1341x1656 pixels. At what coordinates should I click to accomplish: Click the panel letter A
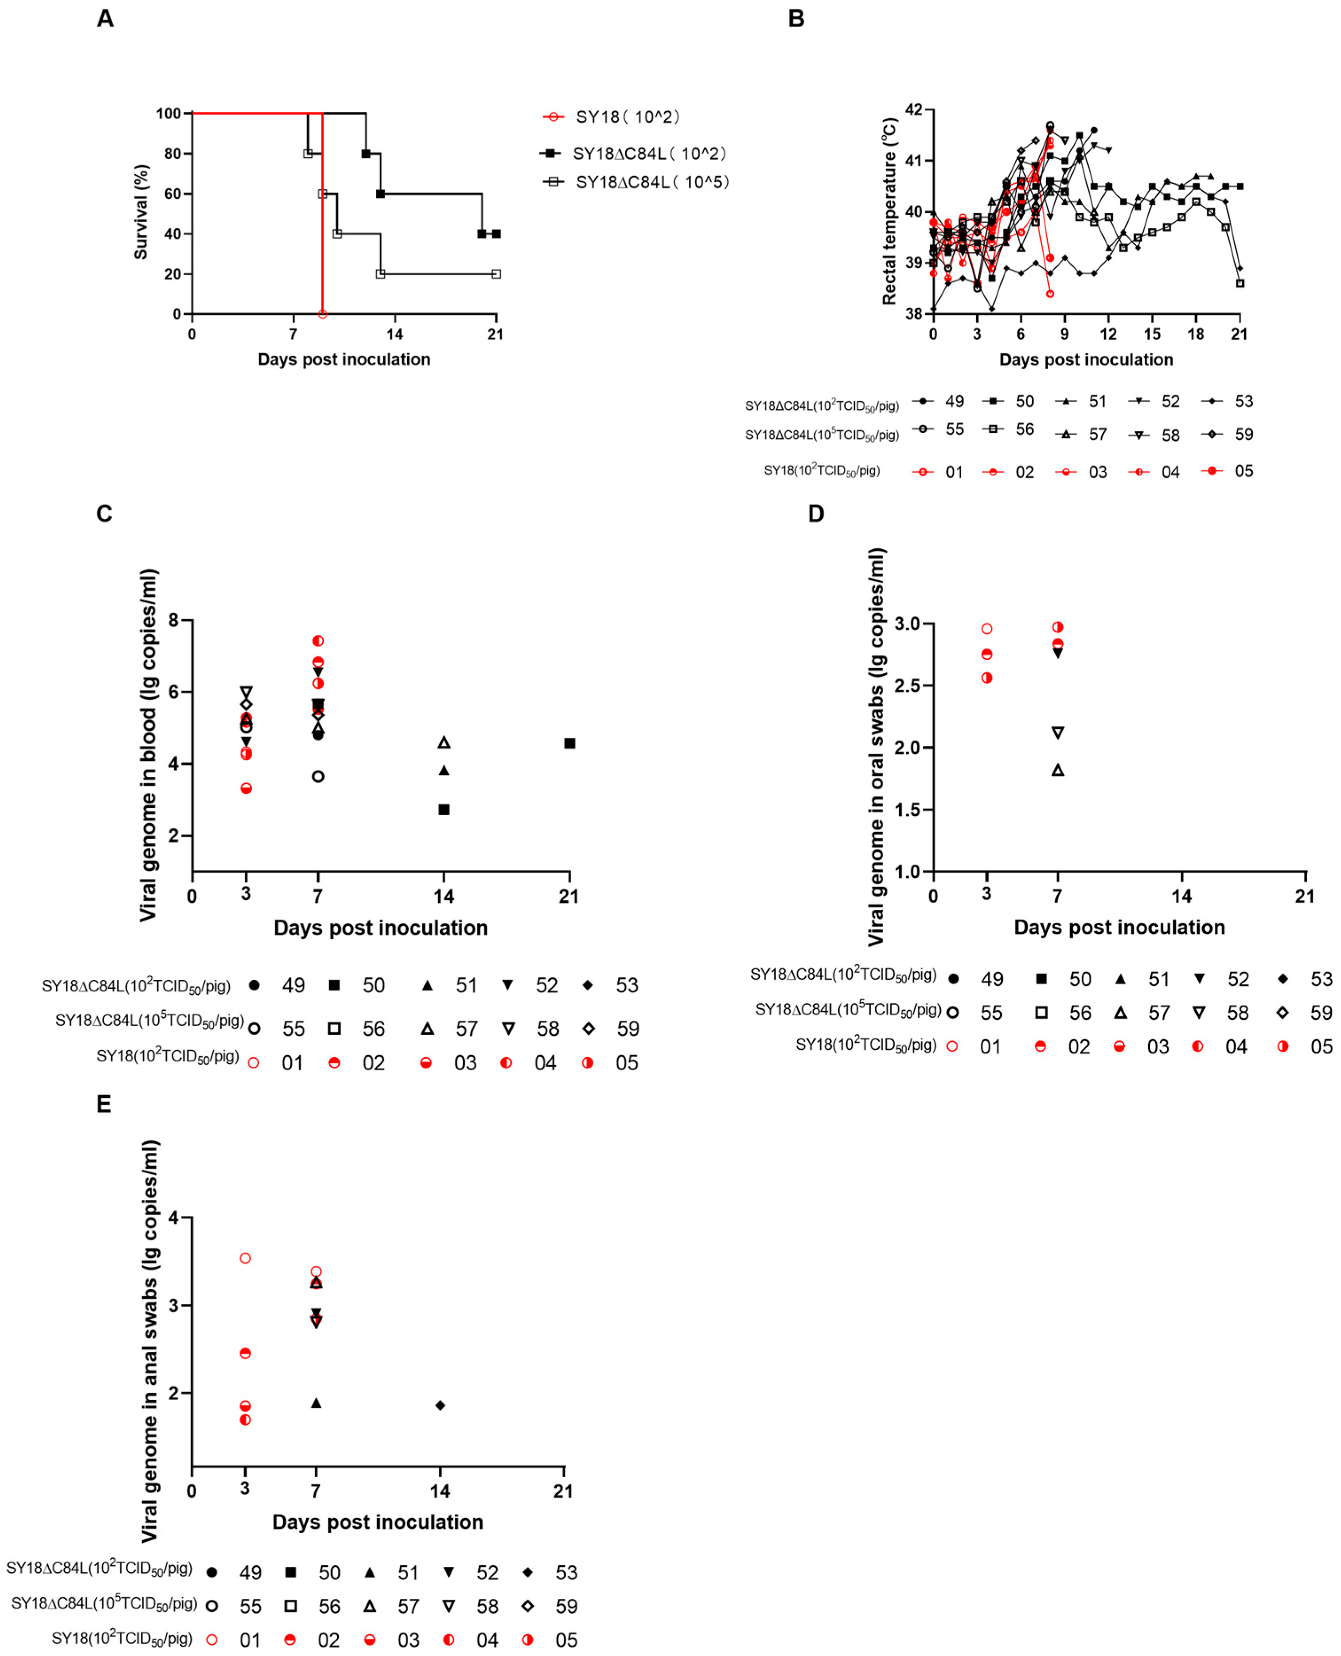[105, 19]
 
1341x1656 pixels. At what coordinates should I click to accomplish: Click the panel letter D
[816, 514]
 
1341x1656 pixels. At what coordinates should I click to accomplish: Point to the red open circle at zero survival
[322, 314]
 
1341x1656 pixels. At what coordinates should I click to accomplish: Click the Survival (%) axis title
[140, 212]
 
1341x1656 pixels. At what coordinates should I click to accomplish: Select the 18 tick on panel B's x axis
[1196, 334]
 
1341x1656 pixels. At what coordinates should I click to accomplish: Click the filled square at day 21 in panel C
[569, 744]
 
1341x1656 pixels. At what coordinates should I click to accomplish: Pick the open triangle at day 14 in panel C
[444, 743]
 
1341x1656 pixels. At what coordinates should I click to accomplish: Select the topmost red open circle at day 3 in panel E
[246, 1258]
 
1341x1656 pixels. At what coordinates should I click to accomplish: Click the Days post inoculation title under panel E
[378, 1522]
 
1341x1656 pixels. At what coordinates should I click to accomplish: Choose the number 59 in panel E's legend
[566, 1606]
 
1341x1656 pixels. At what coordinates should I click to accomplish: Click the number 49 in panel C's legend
[293, 985]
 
